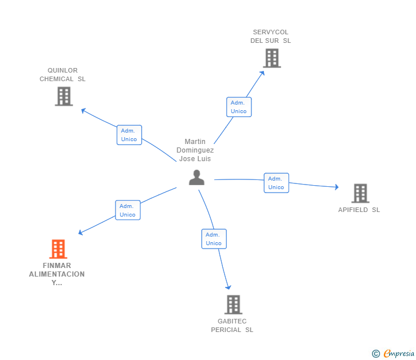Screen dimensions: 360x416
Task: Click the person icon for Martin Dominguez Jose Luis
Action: click(x=197, y=178)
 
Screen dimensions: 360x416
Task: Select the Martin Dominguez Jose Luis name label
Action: click(x=195, y=150)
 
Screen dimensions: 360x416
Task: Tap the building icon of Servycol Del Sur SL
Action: click(x=272, y=58)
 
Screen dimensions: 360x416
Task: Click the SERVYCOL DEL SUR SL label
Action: click(x=271, y=37)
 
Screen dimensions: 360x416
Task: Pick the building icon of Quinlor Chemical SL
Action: click(x=64, y=96)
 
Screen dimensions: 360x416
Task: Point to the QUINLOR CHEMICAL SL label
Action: click(x=62, y=75)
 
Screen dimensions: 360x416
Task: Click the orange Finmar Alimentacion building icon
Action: click(x=58, y=249)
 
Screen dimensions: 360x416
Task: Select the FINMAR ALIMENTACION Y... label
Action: click(x=57, y=274)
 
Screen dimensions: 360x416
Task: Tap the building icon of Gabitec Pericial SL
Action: click(x=233, y=305)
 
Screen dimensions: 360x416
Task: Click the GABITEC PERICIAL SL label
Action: click(x=232, y=326)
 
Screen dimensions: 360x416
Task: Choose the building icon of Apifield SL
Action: click(x=360, y=193)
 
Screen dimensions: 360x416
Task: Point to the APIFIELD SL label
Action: click(x=359, y=210)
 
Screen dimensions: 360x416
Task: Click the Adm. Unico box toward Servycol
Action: click(x=239, y=107)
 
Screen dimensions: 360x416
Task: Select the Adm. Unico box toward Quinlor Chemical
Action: click(x=129, y=135)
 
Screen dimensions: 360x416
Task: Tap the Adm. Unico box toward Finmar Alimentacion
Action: click(x=127, y=210)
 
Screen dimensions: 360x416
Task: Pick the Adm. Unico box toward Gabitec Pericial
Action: click(x=214, y=239)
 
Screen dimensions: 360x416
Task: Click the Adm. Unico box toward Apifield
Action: click(x=276, y=183)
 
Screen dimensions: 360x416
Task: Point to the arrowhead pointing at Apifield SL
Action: click(x=337, y=187)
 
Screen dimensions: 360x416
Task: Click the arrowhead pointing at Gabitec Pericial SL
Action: click(x=229, y=287)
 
